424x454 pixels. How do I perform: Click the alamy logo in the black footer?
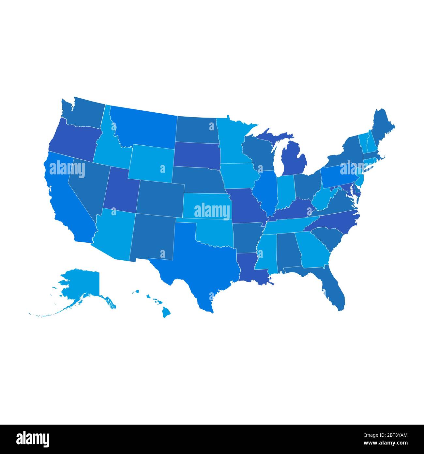[33, 439]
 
